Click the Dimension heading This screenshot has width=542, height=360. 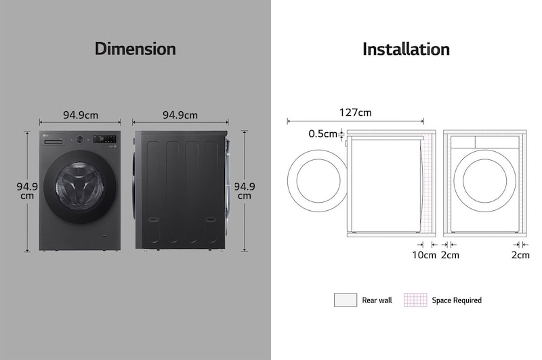pyautogui.click(x=135, y=49)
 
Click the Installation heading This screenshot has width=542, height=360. pyautogui.click(x=406, y=49)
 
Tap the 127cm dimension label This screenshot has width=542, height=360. pyautogui.click(x=355, y=113)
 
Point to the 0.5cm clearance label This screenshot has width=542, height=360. pyautogui.click(x=322, y=134)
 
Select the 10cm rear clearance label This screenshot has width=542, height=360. pyautogui.click(x=424, y=255)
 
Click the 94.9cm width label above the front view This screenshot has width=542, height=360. pyautogui.click(x=81, y=115)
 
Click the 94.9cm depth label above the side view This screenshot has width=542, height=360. pyautogui.click(x=180, y=115)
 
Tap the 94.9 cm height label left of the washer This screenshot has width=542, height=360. pyautogui.click(x=27, y=191)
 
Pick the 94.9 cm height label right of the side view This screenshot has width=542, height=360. pyautogui.click(x=245, y=191)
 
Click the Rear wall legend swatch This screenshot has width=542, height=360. pyautogui.click(x=346, y=300)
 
